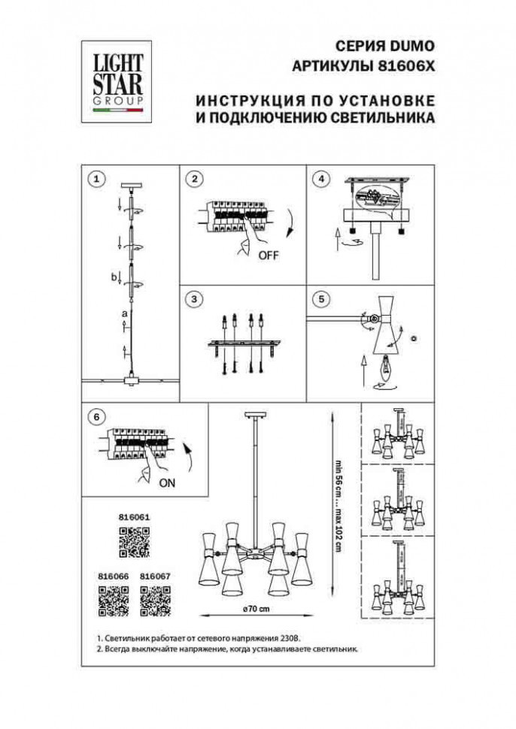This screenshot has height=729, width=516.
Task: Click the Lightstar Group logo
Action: point(117,81)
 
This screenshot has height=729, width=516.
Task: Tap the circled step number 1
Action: point(95,179)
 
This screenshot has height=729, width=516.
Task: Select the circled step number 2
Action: point(194,179)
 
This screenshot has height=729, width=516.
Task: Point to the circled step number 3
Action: point(194,299)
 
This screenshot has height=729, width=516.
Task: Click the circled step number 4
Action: point(321,179)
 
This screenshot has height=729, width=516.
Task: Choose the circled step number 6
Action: point(95,416)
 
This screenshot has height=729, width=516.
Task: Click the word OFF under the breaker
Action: point(268,256)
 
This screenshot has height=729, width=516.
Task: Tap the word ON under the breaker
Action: point(167,483)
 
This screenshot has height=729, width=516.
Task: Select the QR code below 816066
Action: point(114,600)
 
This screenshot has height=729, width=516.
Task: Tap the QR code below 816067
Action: point(156,600)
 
